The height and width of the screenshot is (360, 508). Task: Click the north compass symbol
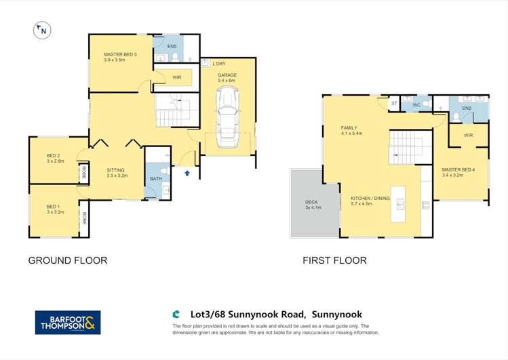tap(41, 30)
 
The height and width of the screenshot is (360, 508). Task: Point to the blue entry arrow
tap(187, 174)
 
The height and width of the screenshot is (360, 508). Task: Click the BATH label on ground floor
tap(155, 179)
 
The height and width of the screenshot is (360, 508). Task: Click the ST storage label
tap(394, 104)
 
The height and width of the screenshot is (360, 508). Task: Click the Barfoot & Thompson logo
tap(68, 322)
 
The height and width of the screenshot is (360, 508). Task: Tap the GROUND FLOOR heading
tap(67, 260)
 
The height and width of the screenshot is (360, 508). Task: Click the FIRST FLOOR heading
tap(336, 260)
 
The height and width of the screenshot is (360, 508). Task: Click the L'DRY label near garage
tap(218, 64)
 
